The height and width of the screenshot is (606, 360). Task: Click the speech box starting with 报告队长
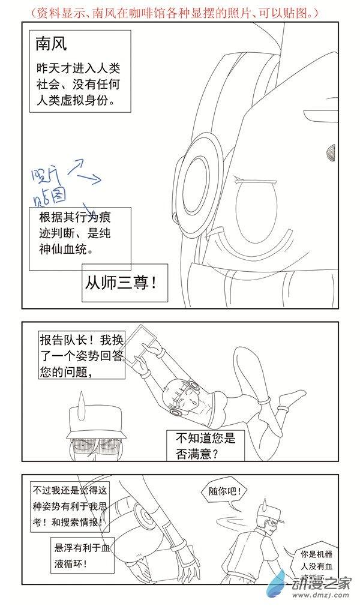coord(80,355)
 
